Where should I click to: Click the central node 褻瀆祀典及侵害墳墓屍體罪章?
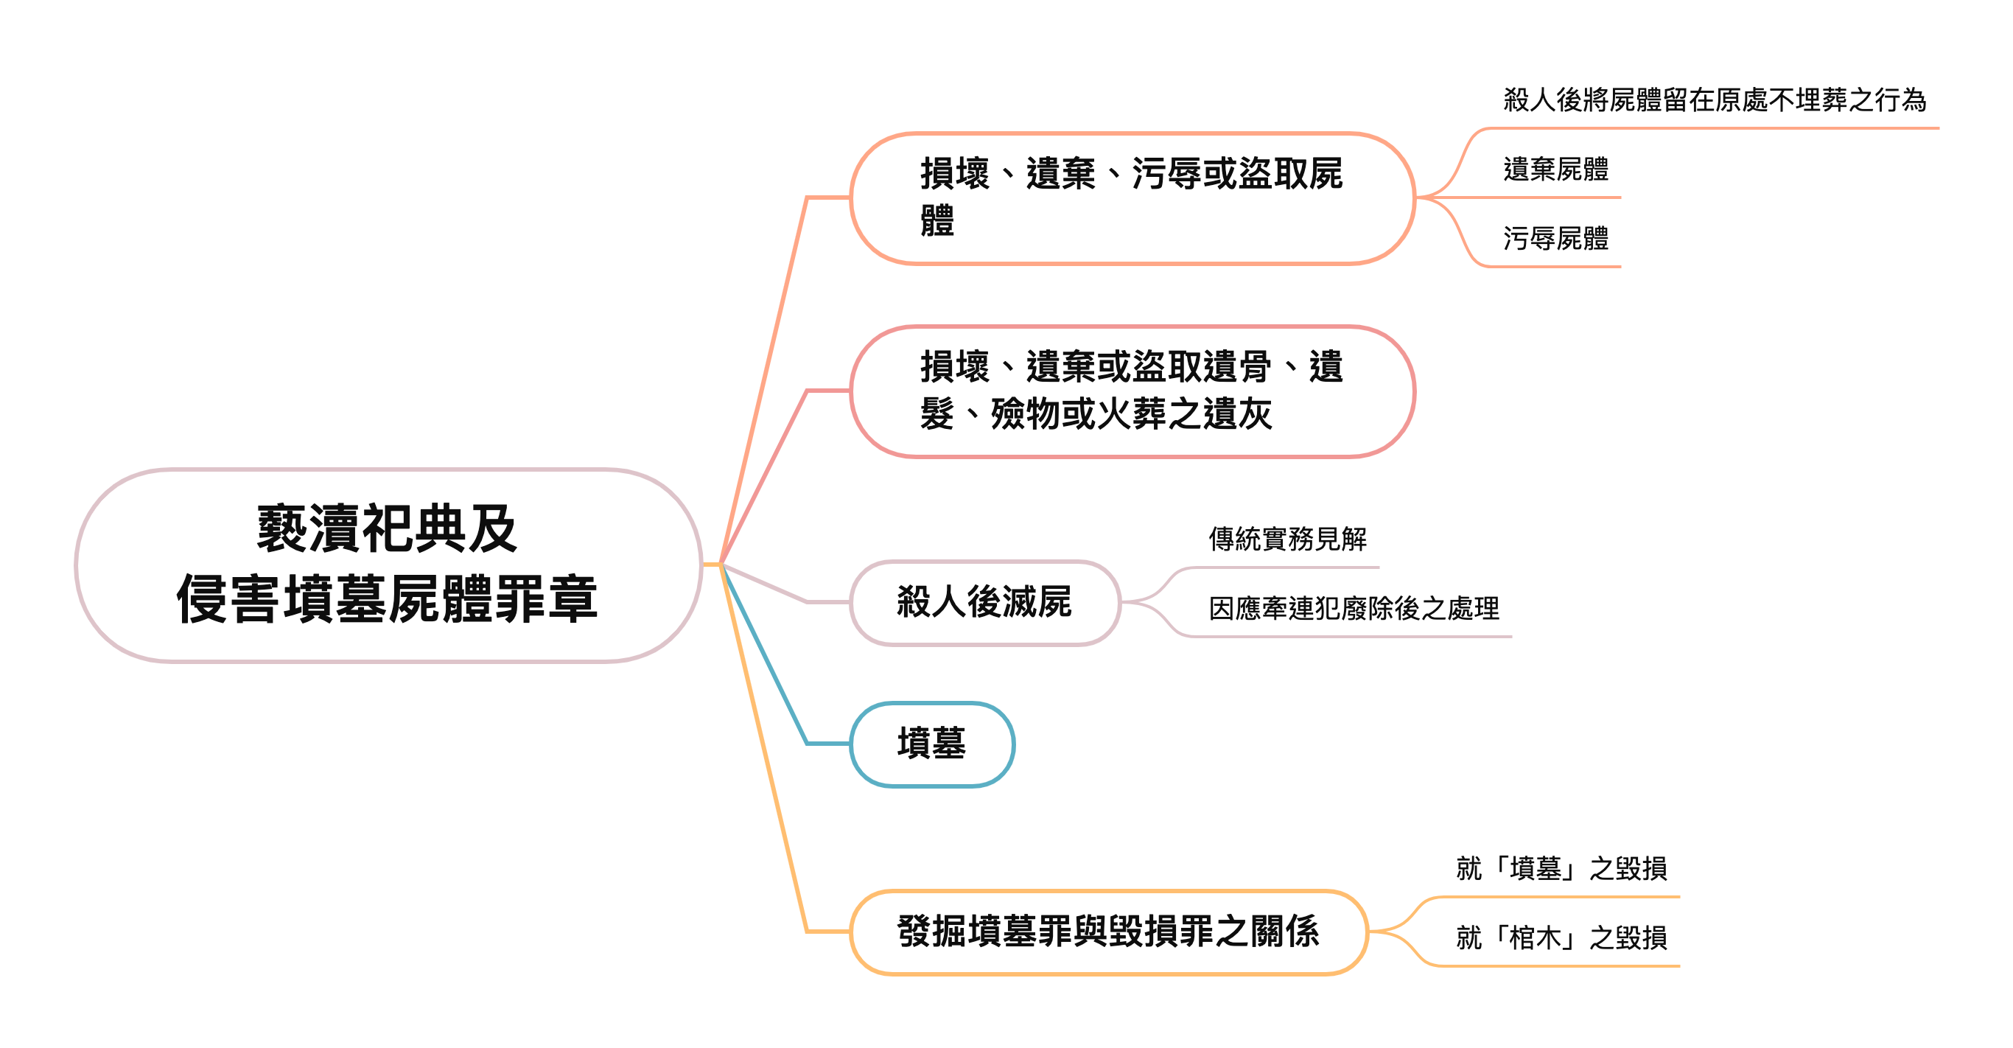tap(388, 565)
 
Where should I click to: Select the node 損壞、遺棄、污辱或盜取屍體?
tap(1132, 198)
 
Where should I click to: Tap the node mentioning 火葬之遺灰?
tap(1132, 391)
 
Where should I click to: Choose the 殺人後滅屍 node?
tap(984, 603)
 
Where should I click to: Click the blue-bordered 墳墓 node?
tap(931, 743)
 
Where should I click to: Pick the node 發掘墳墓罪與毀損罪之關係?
tap(1108, 932)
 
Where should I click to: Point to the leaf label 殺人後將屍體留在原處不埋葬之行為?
tap(1715, 100)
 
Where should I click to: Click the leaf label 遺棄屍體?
tap(1556, 170)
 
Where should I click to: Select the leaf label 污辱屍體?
tap(1556, 238)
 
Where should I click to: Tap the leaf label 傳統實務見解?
tap(1288, 539)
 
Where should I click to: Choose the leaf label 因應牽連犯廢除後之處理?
tap(1354, 609)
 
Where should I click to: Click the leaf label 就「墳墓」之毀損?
tap(1561, 868)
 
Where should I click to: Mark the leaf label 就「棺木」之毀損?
tap(1561, 937)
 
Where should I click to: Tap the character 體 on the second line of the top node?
tap(938, 220)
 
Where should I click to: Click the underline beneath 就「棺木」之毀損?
tap(1563, 966)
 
